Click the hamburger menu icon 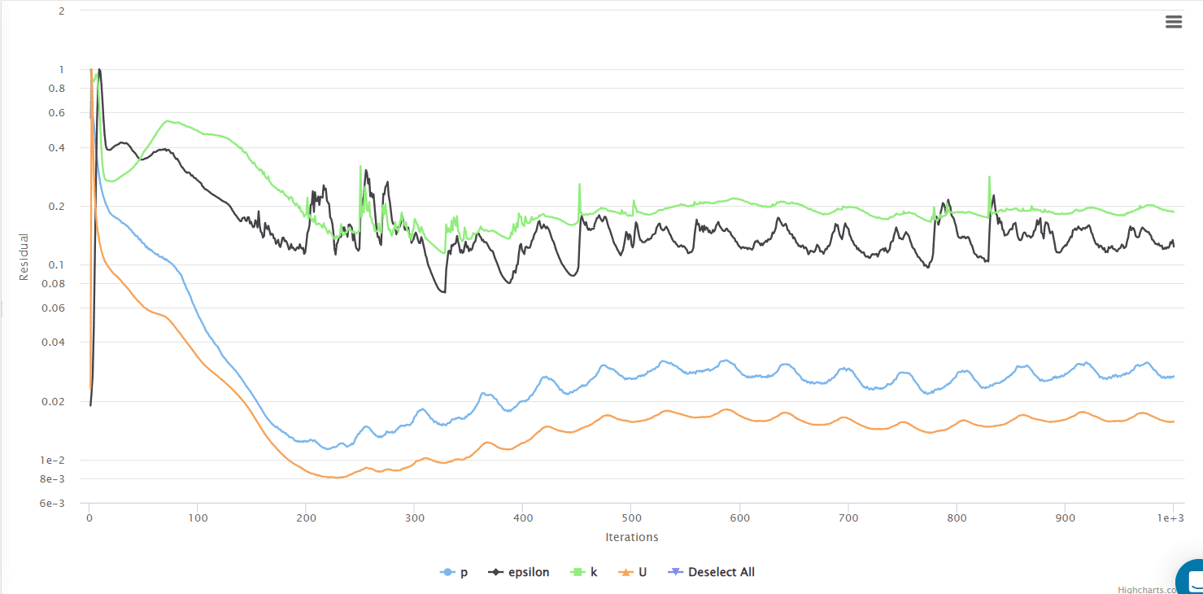point(1173,22)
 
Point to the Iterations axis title point(631,537)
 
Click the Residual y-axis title point(24,257)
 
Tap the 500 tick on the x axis point(631,517)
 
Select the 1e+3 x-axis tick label point(1172,517)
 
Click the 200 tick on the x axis point(306,517)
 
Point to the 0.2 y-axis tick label point(56,207)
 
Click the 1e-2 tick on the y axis point(53,461)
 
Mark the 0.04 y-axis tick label point(54,343)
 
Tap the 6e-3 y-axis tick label point(53,504)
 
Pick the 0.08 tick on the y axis point(54,284)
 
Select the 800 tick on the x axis point(957,517)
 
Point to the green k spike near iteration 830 point(989,177)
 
